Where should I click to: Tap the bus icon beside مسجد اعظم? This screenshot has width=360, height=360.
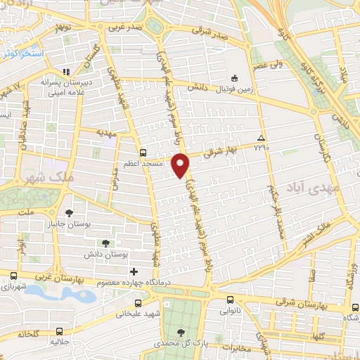(143, 153)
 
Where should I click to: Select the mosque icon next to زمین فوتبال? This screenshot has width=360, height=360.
(234, 78)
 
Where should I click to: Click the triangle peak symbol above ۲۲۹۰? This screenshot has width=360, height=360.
(262, 138)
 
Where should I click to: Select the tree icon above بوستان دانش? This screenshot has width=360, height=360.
(105, 243)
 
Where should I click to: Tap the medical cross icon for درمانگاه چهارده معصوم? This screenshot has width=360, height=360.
(134, 271)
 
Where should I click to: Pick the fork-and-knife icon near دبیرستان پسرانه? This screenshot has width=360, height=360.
(65, 71)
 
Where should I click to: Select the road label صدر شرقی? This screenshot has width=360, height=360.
(213, 35)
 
